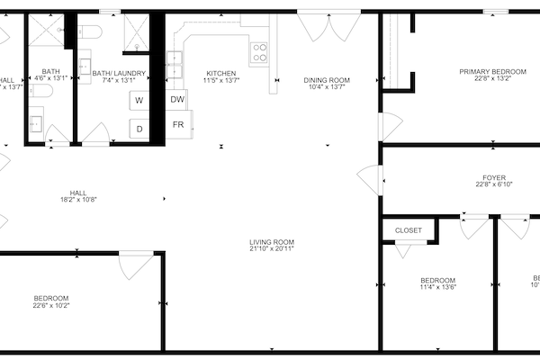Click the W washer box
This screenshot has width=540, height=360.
[x=139, y=101]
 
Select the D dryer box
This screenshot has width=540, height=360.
[x=139, y=129]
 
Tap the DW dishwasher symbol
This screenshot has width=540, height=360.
[x=178, y=100]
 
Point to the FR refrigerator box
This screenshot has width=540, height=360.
[x=178, y=124]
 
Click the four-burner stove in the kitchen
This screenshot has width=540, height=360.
[x=259, y=50]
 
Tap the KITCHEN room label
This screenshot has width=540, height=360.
[x=221, y=73]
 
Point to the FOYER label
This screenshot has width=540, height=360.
[x=493, y=176]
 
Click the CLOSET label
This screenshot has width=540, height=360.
[x=409, y=230]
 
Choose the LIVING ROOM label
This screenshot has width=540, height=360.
[x=272, y=241]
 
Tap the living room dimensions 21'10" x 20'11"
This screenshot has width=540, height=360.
[x=272, y=249]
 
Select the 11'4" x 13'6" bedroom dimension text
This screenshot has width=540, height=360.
[x=437, y=288]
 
